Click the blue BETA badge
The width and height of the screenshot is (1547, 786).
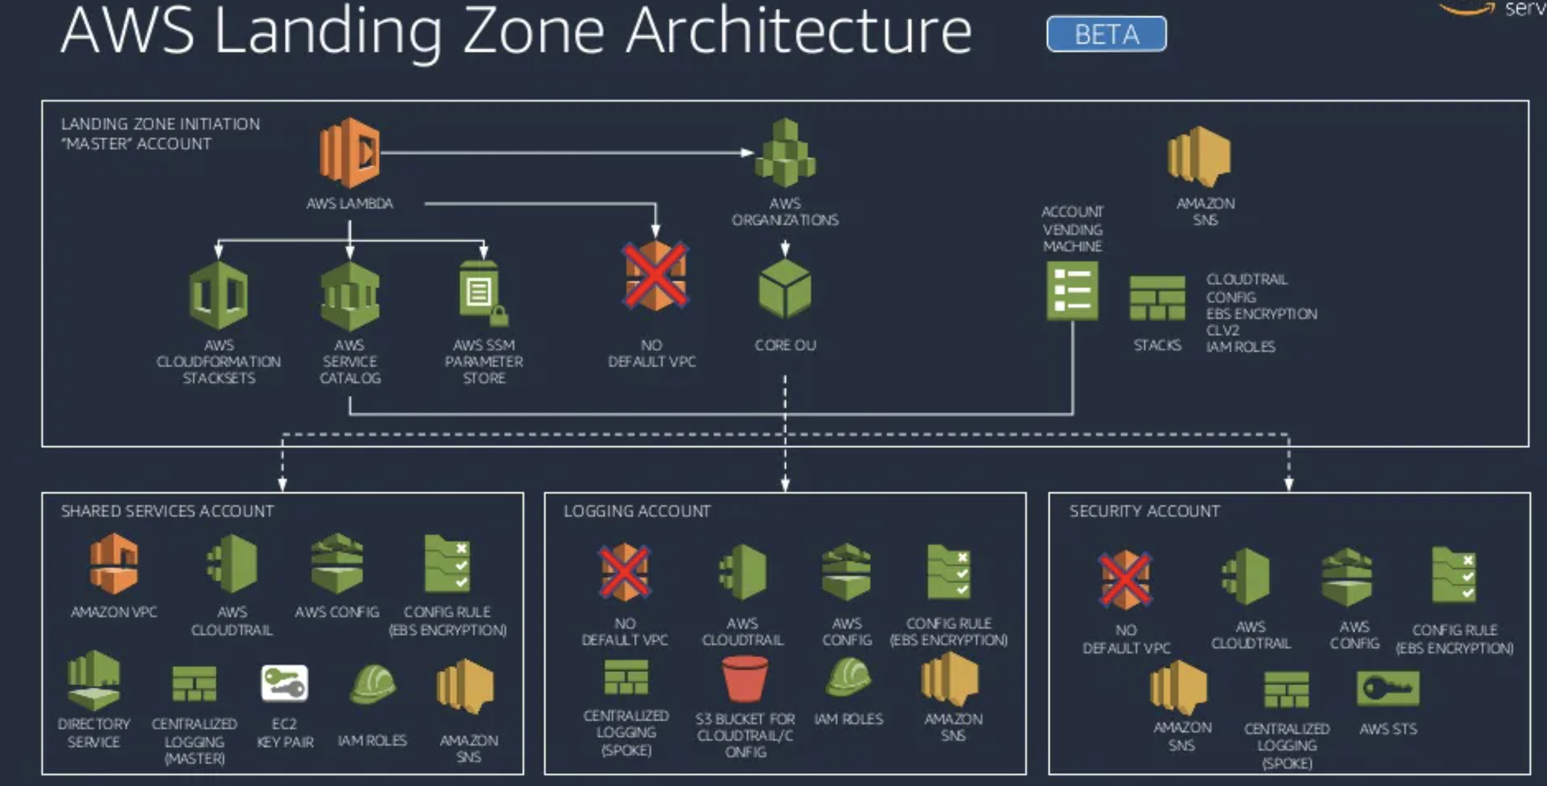1106,34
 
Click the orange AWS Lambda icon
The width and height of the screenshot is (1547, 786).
349,152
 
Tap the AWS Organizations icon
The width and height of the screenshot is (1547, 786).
785,152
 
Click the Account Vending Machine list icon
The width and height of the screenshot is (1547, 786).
1072,291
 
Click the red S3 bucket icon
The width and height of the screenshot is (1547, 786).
745,678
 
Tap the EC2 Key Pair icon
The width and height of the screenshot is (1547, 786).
285,684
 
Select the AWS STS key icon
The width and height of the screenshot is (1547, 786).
1388,688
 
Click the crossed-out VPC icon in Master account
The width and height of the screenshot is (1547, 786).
655,275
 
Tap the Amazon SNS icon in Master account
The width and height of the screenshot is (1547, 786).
1200,156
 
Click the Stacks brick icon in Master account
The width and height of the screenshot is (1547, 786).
1157,298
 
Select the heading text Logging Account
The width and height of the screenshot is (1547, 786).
636,511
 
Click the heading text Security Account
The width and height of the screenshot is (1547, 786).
1144,511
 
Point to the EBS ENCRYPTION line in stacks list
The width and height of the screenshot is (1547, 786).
1261,314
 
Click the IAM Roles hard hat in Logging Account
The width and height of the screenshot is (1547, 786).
847,677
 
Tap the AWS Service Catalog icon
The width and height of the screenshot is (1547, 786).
349,295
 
